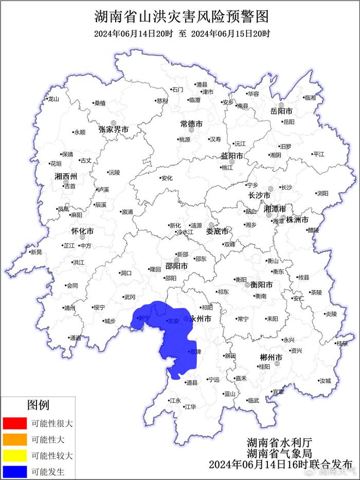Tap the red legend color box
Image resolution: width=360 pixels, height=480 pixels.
pyautogui.click(x=14, y=423)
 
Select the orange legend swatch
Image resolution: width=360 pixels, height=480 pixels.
pyautogui.click(x=14, y=439)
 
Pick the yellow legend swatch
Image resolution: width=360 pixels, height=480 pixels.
pyautogui.click(x=14, y=455)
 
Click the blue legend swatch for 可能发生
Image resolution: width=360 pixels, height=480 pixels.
pyautogui.click(x=14, y=471)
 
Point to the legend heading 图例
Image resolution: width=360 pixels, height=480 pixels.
pyautogui.click(x=38, y=405)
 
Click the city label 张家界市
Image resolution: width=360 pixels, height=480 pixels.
pyautogui.click(x=114, y=129)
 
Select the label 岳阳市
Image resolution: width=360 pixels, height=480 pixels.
pyautogui.click(x=281, y=111)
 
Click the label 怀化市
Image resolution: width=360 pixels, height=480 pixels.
pyautogui.click(x=82, y=231)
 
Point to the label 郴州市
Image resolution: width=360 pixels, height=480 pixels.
pyautogui.click(x=271, y=358)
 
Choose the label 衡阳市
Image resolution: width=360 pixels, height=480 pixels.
pyautogui.click(x=261, y=285)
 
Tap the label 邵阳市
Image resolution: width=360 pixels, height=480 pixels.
pyautogui.click(x=176, y=266)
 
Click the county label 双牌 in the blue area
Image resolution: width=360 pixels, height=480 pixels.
pyautogui.click(x=195, y=352)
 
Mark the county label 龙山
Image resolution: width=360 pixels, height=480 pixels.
pyautogui.click(x=54, y=99)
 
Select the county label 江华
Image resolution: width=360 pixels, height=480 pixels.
pyautogui.click(x=191, y=407)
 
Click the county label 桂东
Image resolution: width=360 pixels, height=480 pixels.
pyautogui.click(x=343, y=344)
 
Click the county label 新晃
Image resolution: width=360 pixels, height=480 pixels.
pyautogui.click(x=36, y=252)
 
